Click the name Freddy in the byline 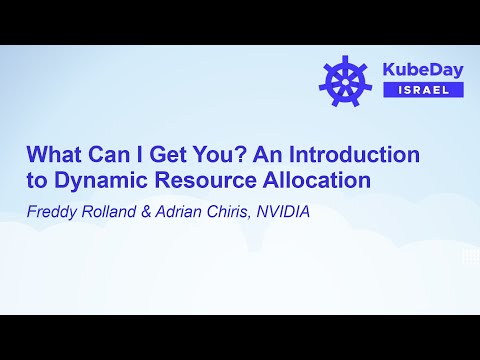(x=52, y=212)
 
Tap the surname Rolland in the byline (x=113, y=212)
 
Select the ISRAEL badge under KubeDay (x=422, y=90)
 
